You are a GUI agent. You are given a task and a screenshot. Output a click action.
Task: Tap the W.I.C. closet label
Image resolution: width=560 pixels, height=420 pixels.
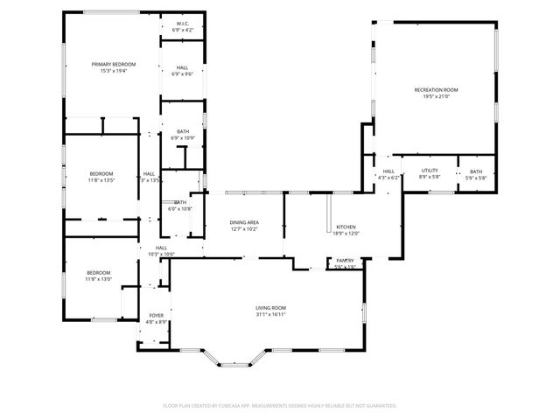pyautogui.click(x=183, y=24)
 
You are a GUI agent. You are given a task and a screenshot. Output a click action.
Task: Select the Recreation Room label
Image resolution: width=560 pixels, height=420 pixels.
pyautogui.click(x=436, y=90)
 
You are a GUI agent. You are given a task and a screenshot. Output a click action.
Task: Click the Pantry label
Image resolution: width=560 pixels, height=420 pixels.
pyautogui.click(x=346, y=261)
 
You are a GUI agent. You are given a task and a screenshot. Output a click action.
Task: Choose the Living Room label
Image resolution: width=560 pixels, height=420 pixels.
pyautogui.click(x=270, y=308)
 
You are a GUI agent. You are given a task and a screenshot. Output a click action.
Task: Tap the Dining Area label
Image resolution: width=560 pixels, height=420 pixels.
pyautogui.click(x=244, y=222)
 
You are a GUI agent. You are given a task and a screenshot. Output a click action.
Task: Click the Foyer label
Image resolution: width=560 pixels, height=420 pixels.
pyautogui.click(x=156, y=315)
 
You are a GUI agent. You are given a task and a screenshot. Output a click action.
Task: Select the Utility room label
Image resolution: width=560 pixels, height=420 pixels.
pyautogui.click(x=429, y=171)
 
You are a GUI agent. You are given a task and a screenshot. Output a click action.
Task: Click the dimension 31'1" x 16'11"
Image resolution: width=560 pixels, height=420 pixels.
pyautogui.click(x=270, y=314)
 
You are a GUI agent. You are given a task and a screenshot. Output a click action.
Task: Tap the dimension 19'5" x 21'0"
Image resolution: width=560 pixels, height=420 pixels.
pyautogui.click(x=436, y=96)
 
